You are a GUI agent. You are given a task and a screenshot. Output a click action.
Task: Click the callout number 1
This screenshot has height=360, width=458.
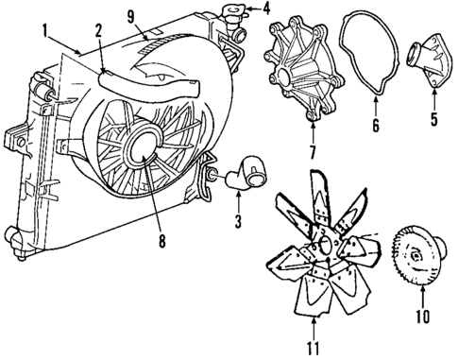pos(43,30)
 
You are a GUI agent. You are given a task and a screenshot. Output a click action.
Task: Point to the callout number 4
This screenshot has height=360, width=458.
pos(265,9)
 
